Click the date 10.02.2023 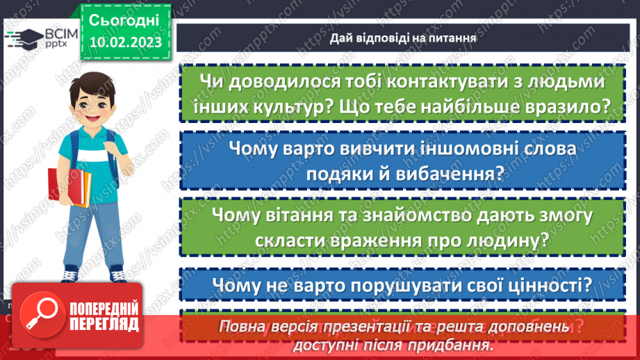(125, 42)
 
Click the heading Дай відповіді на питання (403, 38)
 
